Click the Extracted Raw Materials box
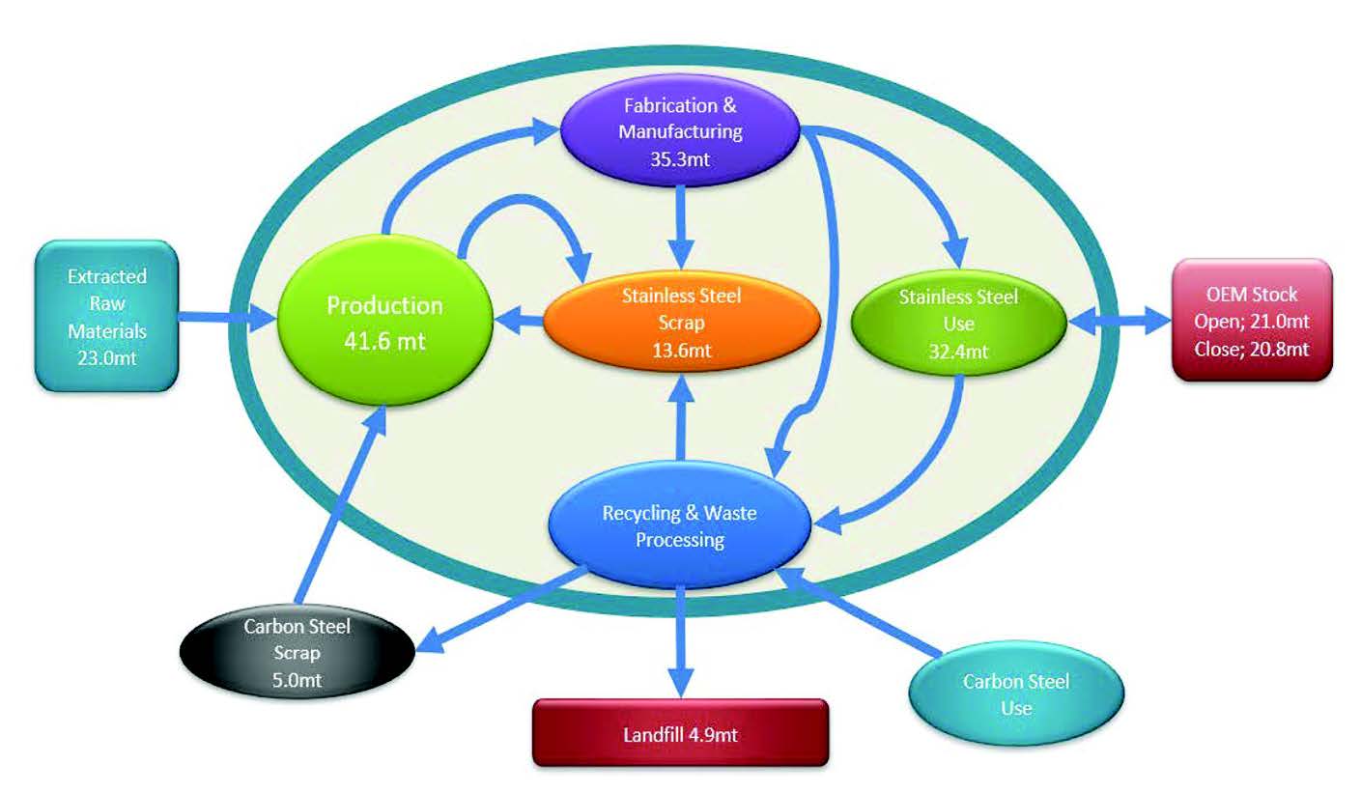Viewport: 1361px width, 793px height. pyautogui.click(x=107, y=316)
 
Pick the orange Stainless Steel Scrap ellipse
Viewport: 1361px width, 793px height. pyautogui.click(x=682, y=324)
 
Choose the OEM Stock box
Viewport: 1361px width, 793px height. pyautogui.click(x=1253, y=319)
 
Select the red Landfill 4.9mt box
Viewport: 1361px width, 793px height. pyautogui.click(x=681, y=731)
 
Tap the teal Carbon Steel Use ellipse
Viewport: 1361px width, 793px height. pyautogui.click(x=1016, y=694)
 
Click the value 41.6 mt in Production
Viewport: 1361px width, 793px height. pyautogui.click(x=384, y=340)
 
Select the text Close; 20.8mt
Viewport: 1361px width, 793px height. pyautogui.click(x=1253, y=350)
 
